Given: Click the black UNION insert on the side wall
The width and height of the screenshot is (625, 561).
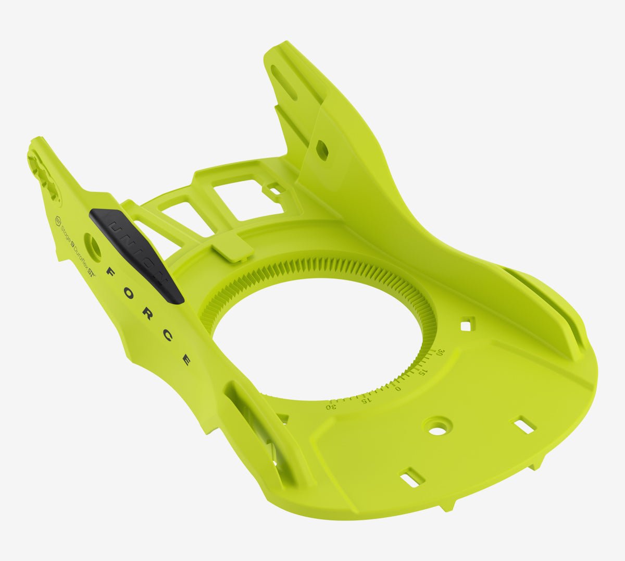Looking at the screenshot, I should pyautogui.click(x=136, y=254).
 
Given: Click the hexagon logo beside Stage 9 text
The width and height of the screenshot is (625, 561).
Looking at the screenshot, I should pyautogui.click(x=59, y=219).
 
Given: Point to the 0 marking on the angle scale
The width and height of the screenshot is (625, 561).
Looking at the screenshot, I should pyautogui.click(x=398, y=388).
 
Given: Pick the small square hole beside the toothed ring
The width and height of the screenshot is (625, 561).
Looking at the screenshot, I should pyautogui.click(x=466, y=325).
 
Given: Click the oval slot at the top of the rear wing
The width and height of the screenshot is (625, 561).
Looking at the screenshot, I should pyautogui.click(x=284, y=82).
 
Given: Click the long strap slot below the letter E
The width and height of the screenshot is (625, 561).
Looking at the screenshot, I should pyautogui.click(x=255, y=428).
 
